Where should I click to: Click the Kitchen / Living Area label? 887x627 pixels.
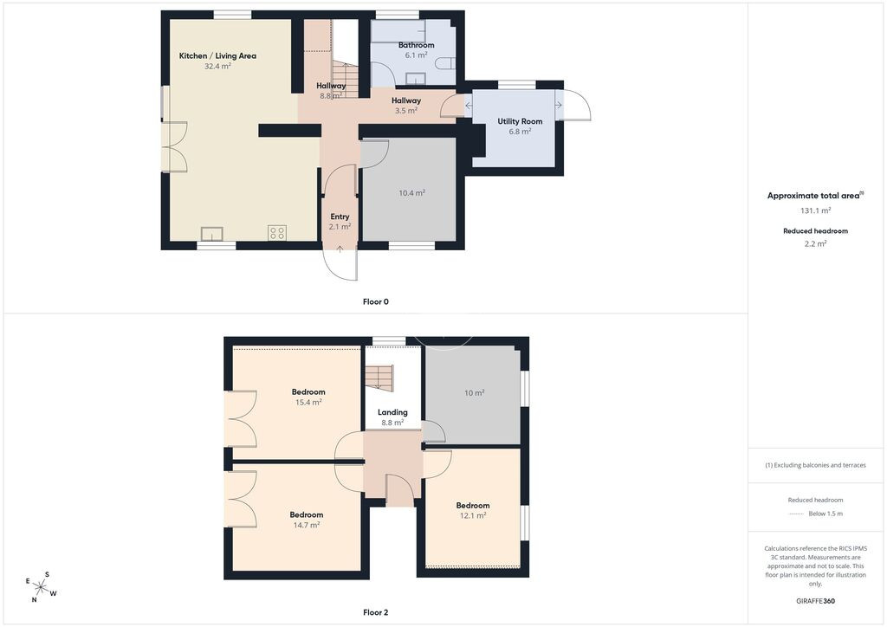pos(217,56)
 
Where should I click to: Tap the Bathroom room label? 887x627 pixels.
pos(417,45)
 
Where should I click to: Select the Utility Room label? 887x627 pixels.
pos(520,121)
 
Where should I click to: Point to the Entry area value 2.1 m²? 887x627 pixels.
pos(340,227)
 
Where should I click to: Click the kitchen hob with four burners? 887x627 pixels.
pos(277,232)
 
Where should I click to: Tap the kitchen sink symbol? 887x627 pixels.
pos(212,234)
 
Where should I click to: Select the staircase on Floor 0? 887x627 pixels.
pos(344,80)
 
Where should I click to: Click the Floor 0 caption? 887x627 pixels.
pos(376,302)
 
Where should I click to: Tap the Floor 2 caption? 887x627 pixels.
pos(376,612)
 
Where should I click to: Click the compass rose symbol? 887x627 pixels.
pos(42,587)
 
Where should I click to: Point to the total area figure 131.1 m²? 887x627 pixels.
pos(815,210)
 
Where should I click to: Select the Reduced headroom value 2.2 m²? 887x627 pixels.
pos(815,243)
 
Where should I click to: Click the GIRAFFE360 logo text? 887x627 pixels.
pos(815,601)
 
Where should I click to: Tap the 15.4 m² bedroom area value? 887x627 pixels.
pos(308,403)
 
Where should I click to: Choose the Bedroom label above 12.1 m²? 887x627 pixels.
pos(473,506)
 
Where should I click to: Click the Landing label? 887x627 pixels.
pos(392,413)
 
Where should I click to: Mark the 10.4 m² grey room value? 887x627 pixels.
pos(411,193)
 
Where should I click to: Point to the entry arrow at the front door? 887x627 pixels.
pos(340,249)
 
